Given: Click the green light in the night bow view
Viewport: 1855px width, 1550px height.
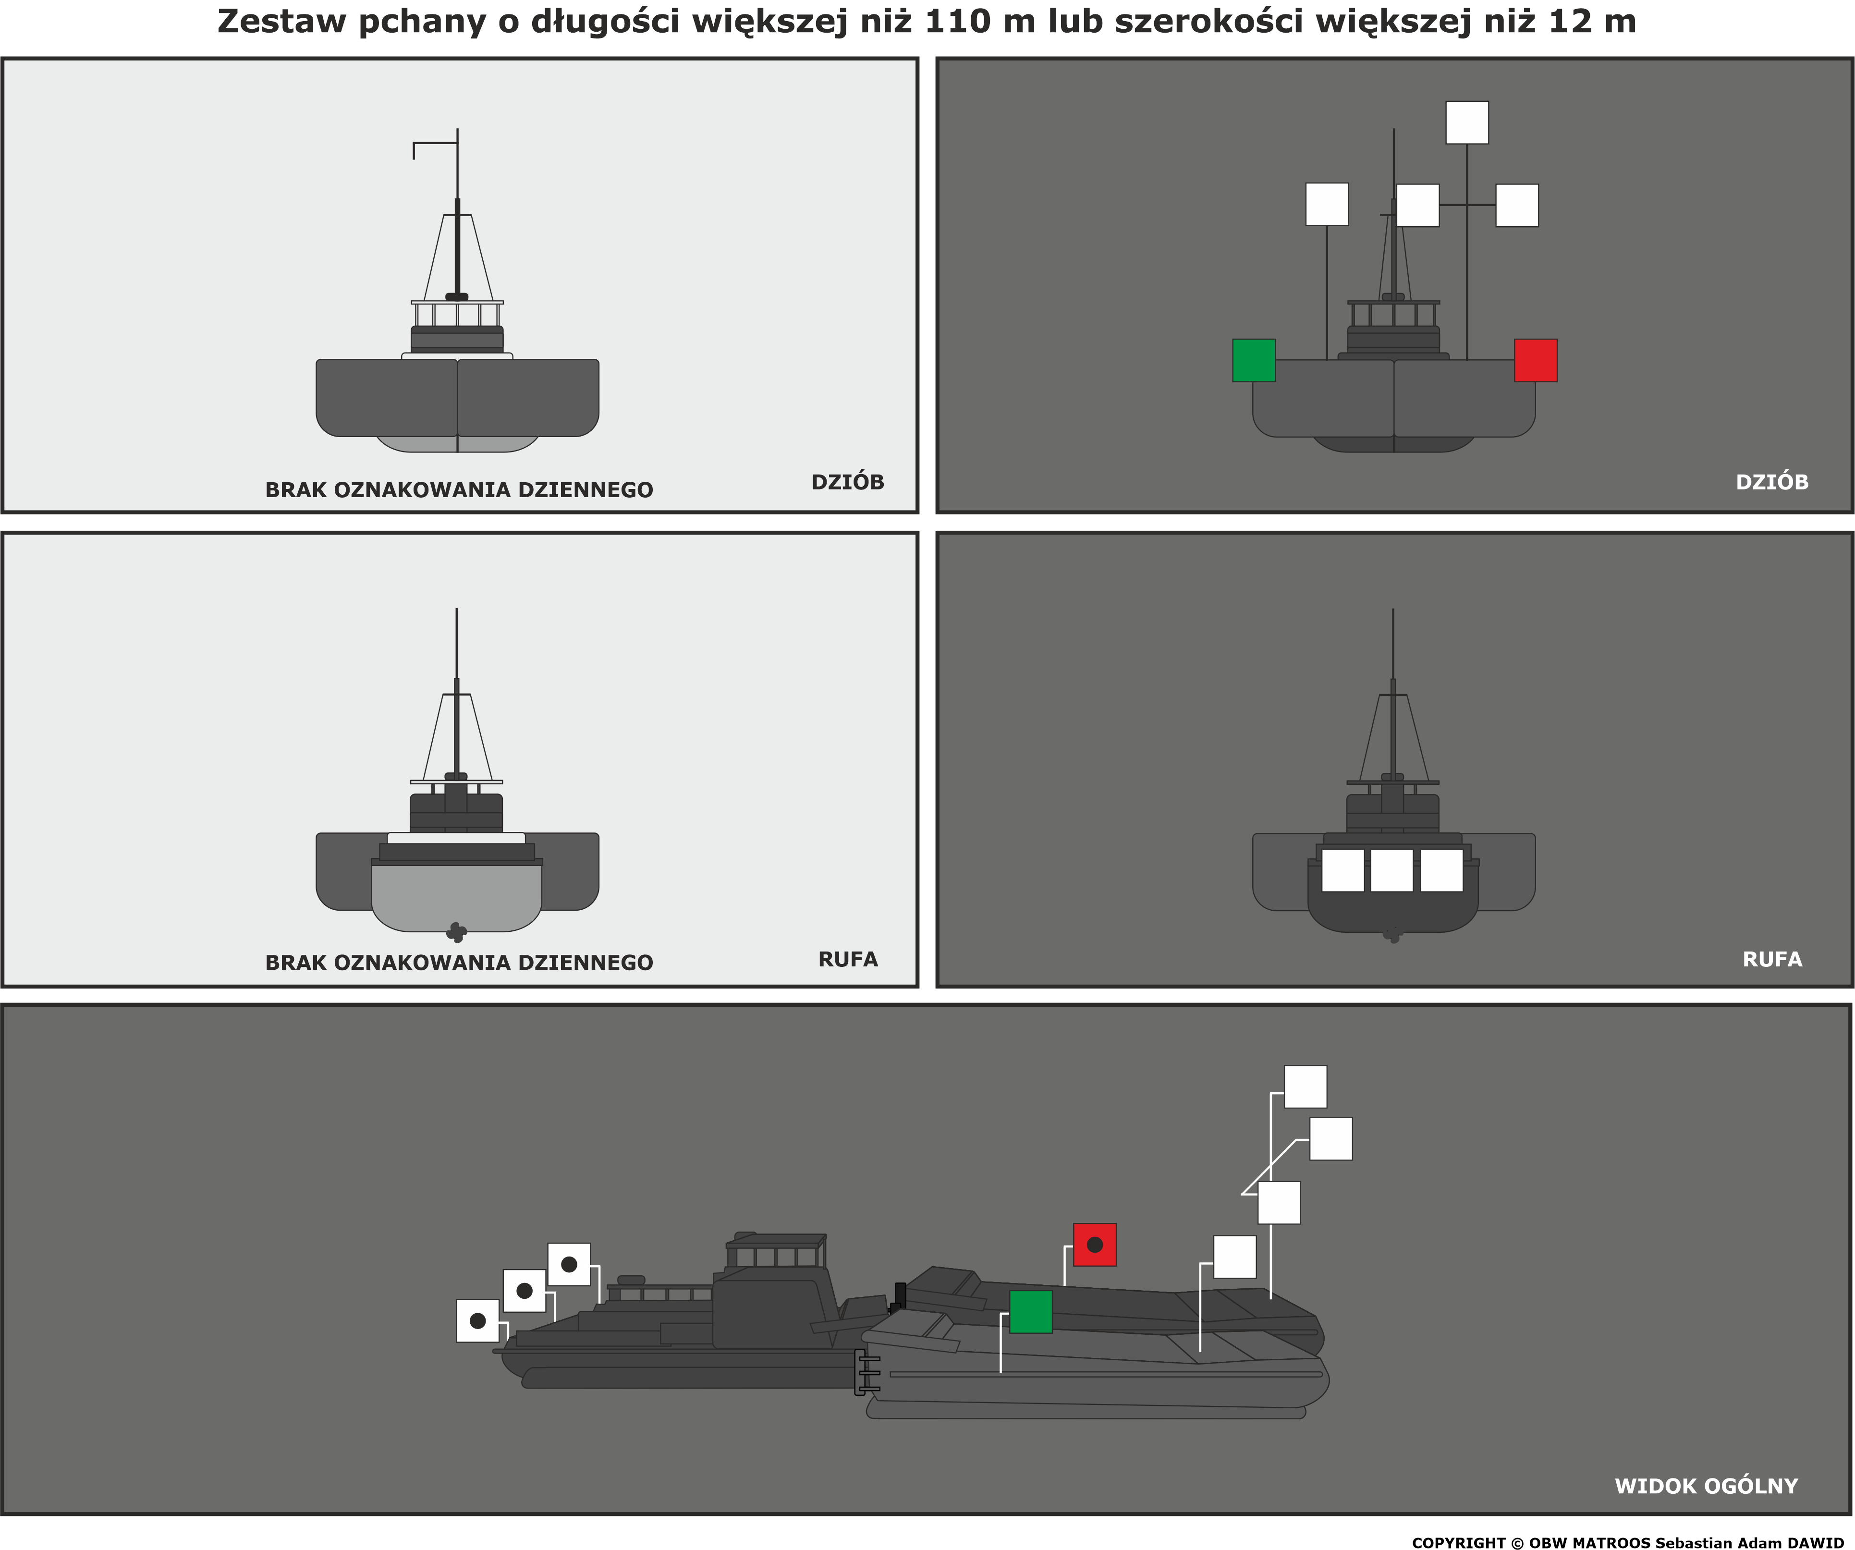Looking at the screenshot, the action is [1254, 360].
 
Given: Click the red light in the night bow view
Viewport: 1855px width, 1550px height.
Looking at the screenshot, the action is [1535, 360].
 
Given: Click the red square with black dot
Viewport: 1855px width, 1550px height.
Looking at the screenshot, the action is [1095, 1245].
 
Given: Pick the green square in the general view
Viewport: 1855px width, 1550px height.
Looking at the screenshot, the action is [1031, 1312].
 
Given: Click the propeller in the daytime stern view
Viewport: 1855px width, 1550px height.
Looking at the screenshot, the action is [456, 932].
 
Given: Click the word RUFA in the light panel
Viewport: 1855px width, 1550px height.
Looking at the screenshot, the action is [848, 959].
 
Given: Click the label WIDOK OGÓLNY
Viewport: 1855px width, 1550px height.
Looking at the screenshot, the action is [1707, 1486].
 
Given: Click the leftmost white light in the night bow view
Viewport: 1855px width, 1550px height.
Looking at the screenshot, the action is [1327, 204].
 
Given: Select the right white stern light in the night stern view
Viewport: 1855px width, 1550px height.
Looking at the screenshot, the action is [1441, 870].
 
